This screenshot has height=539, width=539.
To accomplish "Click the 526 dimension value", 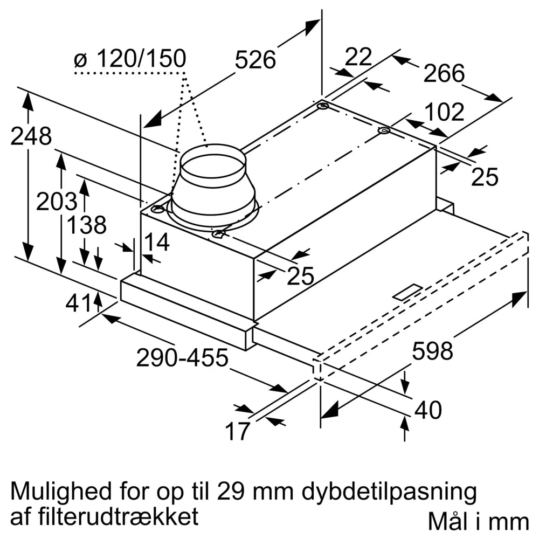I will [255, 60].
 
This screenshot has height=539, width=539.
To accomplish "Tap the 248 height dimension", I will [31, 136].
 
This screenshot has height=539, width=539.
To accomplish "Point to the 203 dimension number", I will [56, 202].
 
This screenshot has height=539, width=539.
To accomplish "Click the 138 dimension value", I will [86, 225].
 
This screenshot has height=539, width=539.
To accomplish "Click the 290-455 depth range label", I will [182, 358].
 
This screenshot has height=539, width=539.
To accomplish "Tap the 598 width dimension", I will [432, 351].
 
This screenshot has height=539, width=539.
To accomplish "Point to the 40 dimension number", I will [428, 411].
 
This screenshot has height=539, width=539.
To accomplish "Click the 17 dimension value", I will [238, 431].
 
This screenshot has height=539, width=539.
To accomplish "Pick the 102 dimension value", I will [444, 113].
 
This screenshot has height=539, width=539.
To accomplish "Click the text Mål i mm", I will [478, 521].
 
